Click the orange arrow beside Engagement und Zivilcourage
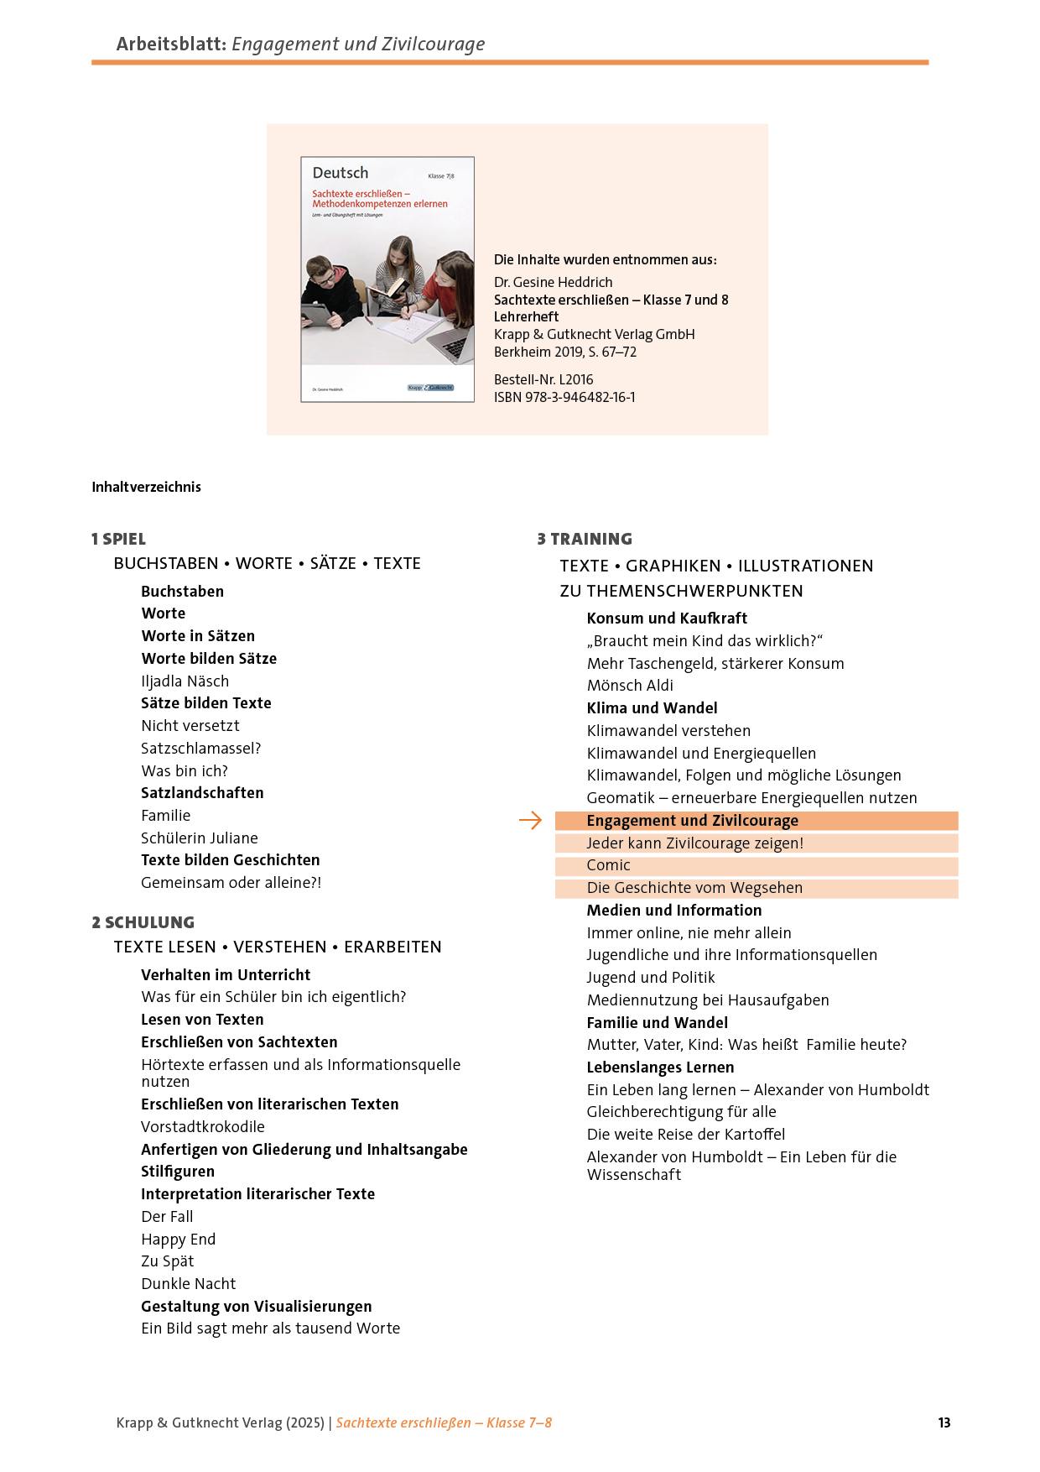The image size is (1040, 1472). point(530,821)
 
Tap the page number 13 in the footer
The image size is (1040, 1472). point(944,1422)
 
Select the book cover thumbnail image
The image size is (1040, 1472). point(387,279)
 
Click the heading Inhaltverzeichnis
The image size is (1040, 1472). point(147,487)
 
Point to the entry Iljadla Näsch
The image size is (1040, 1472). point(185,681)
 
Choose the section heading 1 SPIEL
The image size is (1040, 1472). point(118,539)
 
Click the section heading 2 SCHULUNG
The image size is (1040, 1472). point(143,922)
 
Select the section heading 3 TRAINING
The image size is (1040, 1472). point(585,539)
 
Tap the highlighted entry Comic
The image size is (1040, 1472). point(608,865)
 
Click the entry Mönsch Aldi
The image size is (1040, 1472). point(630,686)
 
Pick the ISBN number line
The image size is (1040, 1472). point(564,397)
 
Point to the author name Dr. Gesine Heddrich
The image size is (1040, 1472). point(554,282)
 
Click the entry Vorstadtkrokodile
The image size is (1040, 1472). point(203,1126)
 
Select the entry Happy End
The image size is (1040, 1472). point(178,1239)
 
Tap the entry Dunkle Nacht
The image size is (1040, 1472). point(188,1283)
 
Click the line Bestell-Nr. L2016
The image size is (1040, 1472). point(543,379)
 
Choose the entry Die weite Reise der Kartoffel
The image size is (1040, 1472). point(686,1134)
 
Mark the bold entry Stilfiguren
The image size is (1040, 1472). point(178,1171)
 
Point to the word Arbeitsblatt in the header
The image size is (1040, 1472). point(170,44)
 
